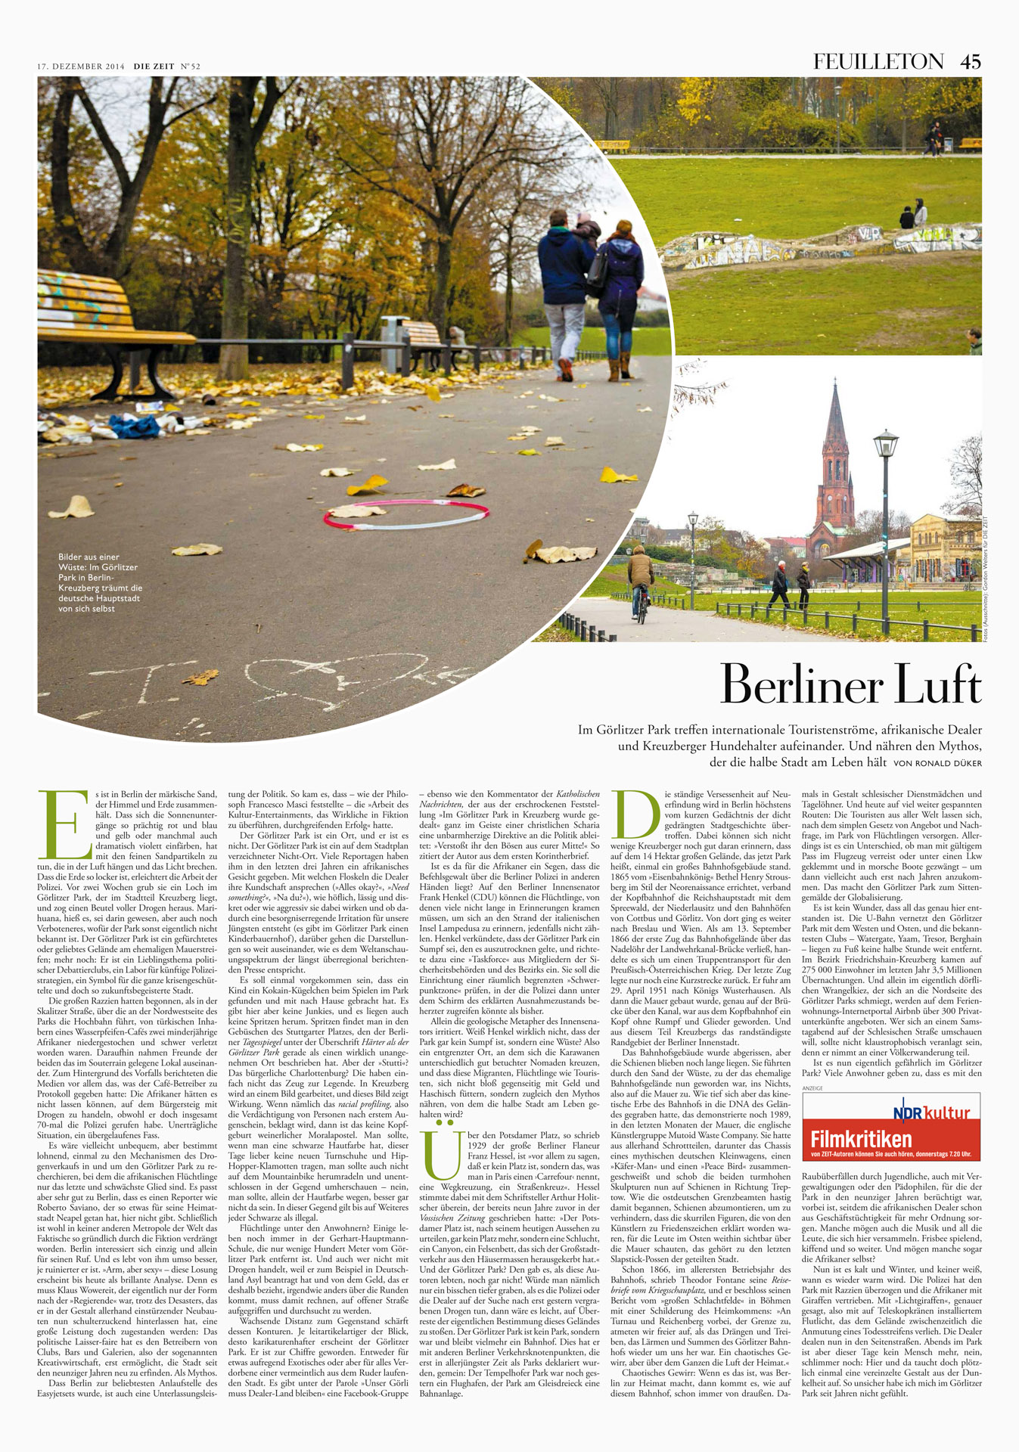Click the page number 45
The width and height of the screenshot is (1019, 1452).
coord(970,62)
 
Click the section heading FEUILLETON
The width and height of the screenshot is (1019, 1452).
coord(878,62)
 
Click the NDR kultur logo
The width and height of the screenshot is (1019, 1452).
coord(931,1112)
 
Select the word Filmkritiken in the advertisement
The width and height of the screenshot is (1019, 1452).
coord(861,1139)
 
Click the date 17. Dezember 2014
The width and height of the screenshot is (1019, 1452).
coord(81,67)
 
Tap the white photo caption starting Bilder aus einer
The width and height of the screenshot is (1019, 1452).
coord(100,582)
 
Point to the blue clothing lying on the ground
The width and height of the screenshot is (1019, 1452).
coord(135,427)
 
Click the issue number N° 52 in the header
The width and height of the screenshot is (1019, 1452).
coord(190,67)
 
